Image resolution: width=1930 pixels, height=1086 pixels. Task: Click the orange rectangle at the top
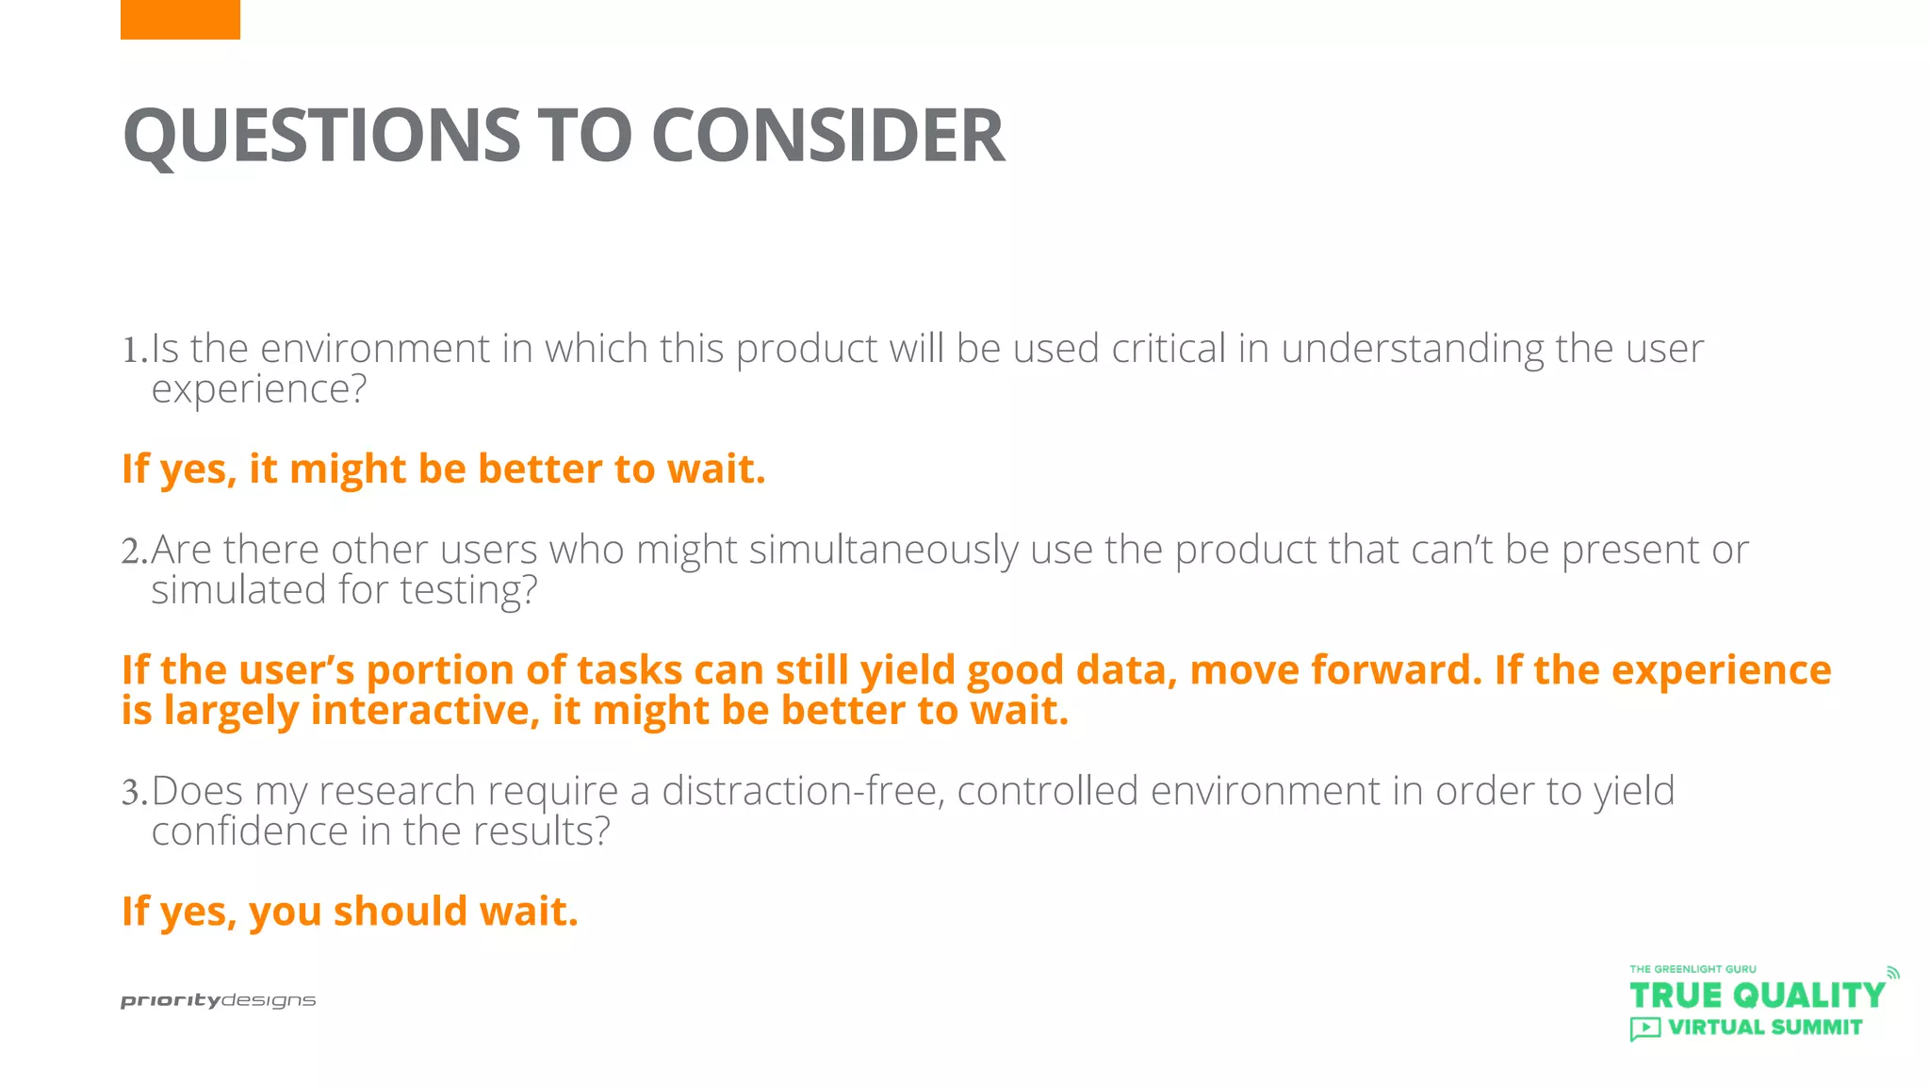pos(180,19)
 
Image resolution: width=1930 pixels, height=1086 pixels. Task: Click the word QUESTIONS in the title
pos(321,135)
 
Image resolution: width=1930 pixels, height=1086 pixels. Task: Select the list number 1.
pos(132,351)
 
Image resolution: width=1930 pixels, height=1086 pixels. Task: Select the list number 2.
pos(132,551)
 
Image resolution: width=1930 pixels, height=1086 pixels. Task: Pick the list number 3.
pos(132,793)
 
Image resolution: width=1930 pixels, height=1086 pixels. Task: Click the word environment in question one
pos(374,350)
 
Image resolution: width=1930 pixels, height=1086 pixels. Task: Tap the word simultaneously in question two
pos(883,551)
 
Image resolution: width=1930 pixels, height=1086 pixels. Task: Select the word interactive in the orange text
pos(424,711)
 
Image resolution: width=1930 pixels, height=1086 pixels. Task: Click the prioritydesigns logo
pos(218,1000)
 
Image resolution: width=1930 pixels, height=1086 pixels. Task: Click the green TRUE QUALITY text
pos(1756,995)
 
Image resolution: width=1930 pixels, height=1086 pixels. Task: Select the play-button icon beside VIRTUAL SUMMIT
pos(1644,1028)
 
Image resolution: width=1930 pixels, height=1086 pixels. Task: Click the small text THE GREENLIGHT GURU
pos(1693,969)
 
